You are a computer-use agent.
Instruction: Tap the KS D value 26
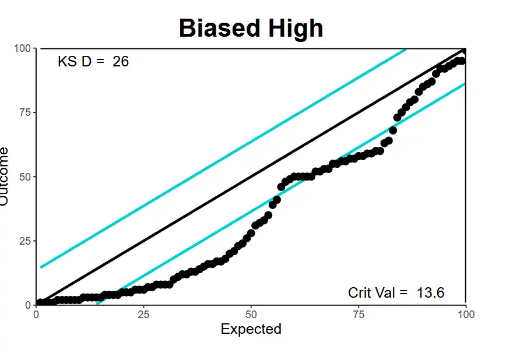[x=121, y=61]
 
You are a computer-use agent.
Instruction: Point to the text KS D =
[x=82, y=61]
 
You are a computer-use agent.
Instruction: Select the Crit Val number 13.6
[x=431, y=292]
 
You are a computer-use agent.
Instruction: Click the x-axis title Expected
[x=251, y=329]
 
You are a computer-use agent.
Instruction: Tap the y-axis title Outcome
[x=5, y=176]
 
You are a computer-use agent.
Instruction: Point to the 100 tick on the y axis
[x=22, y=48]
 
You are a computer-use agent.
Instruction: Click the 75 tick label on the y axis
[x=24, y=112]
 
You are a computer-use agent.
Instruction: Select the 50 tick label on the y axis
[x=24, y=177]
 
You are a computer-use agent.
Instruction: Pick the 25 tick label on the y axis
[x=24, y=241]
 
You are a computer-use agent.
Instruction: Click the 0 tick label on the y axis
[x=27, y=305]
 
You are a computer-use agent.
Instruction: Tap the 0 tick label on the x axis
[x=37, y=315]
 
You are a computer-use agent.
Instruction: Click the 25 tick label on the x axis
[x=144, y=315]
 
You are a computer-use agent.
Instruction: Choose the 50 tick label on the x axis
[x=251, y=315]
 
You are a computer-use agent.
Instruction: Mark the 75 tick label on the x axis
[x=359, y=315]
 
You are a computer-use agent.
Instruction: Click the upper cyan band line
[x=222, y=158]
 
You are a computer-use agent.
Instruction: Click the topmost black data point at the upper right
[x=465, y=51]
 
